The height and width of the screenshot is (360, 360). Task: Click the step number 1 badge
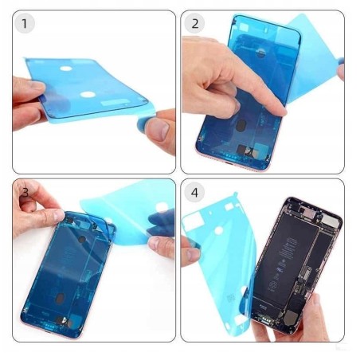[25, 23]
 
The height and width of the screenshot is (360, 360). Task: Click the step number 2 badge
[194, 23]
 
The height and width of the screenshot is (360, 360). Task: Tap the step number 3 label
[25, 192]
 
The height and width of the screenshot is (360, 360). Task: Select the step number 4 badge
[194, 192]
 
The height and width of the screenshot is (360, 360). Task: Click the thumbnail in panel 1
[157, 129]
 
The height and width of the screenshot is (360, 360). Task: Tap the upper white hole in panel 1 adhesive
[66, 68]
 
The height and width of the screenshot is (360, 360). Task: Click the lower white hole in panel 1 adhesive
[88, 95]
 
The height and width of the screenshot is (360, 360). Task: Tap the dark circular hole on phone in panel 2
[241, 125]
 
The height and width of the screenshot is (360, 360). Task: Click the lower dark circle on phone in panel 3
[60, 299]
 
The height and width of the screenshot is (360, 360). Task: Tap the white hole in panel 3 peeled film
[162, 207]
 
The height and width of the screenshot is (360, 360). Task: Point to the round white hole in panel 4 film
[218, 231]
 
